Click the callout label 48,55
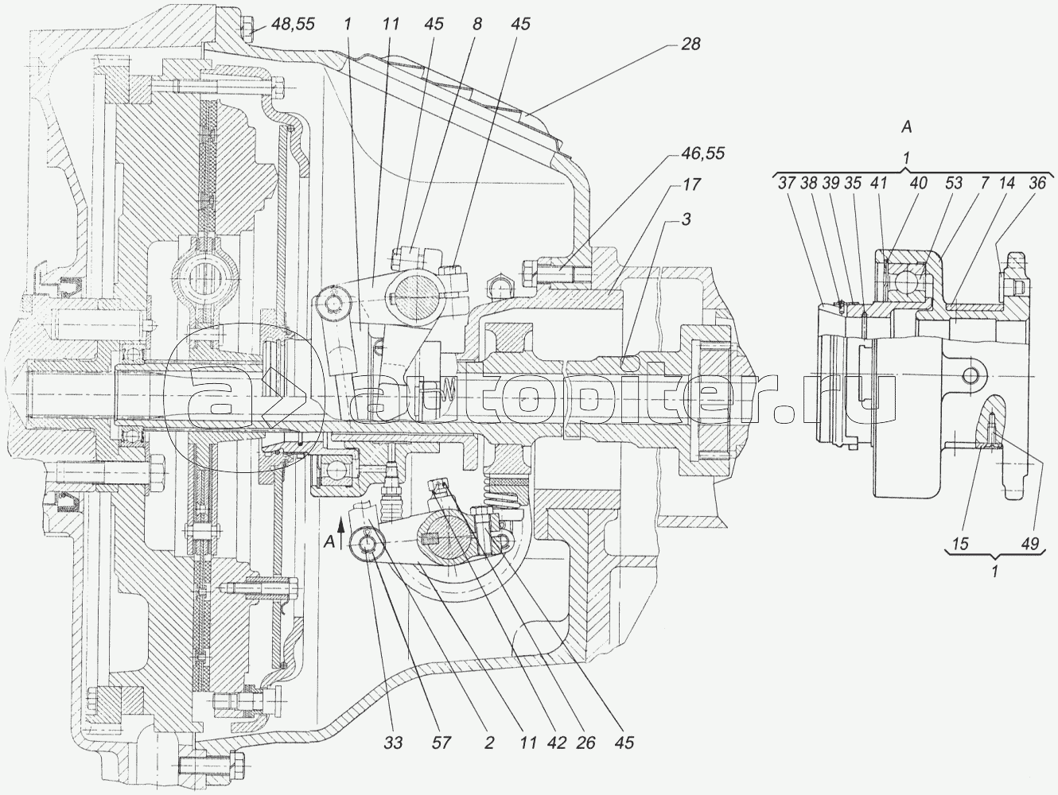coord(293,24)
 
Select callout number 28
coord(690,44)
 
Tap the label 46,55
coord(703,153)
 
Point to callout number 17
coord(691,184)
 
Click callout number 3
coord(687,219)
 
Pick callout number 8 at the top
coord(476,24)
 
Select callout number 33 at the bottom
coord(393,743)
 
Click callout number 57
coord(441,743)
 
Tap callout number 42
coord(557,743)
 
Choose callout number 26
coord(585,743)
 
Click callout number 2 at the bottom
coord(489,743)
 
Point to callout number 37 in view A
coord(787,183)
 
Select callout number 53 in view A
coord(954,183)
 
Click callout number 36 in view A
coord(1037,183)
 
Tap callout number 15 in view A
coord(960,544)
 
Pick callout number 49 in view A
coord(1030,544)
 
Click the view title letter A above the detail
coord(907,127)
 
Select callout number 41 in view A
coord(879,183)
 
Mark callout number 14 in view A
coord(1006,183)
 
